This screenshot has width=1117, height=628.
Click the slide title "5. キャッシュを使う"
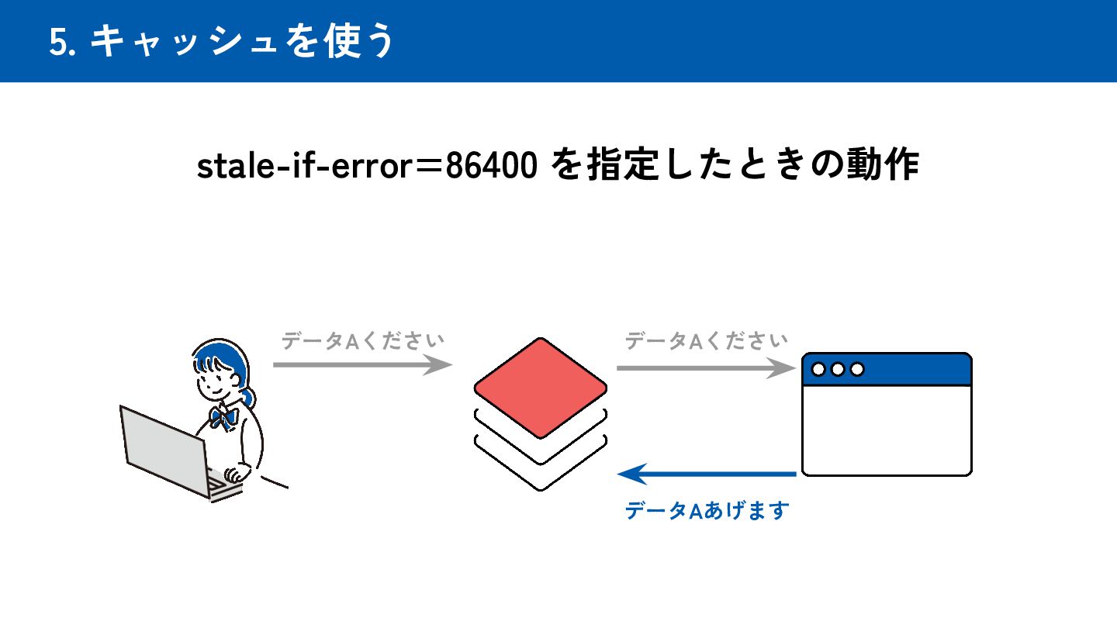pyautogui.click(x=222, y=41)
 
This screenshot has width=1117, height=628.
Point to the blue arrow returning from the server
pyautogui.click(x=707, y=473)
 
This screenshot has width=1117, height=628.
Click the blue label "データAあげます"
pyautogui.click(x=707, y=511)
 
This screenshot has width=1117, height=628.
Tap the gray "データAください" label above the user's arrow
pyautogui.click(x=362, y=340)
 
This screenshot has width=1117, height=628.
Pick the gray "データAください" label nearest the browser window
pyautogui.click(x=706, y=340)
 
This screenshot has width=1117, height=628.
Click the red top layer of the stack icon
pyautogui.click(x=540, y=387)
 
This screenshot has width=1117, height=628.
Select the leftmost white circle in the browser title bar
pyautogui.click(x=818, y=369)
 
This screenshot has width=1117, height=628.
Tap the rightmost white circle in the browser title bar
pyautogui.click(x=857, y=369)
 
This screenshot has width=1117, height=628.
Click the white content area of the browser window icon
pyautogui.click(x=887, y=430)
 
